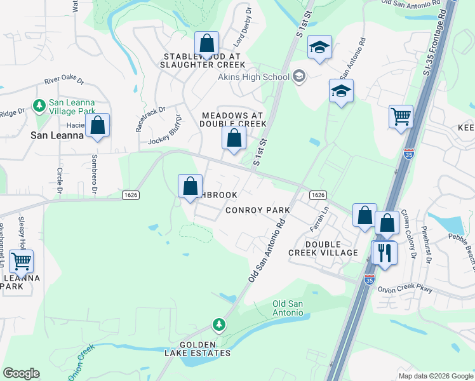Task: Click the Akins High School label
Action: pos(253,77)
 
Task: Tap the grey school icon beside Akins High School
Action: pos(299,77)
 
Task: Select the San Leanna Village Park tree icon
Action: pos(39,104)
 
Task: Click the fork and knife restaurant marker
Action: pos(384,253)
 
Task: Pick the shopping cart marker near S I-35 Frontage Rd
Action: pos(401,117)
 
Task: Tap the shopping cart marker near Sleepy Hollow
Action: pos(21,261)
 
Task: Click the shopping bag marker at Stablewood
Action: pos(206,44)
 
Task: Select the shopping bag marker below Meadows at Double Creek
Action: pos(234,138)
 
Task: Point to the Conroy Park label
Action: pos(258,210)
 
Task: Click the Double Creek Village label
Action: pos(323,248)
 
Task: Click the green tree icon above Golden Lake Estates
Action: pos(219,325)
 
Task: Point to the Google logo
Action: pos(21,373)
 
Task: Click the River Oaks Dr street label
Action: pos(64,81)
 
